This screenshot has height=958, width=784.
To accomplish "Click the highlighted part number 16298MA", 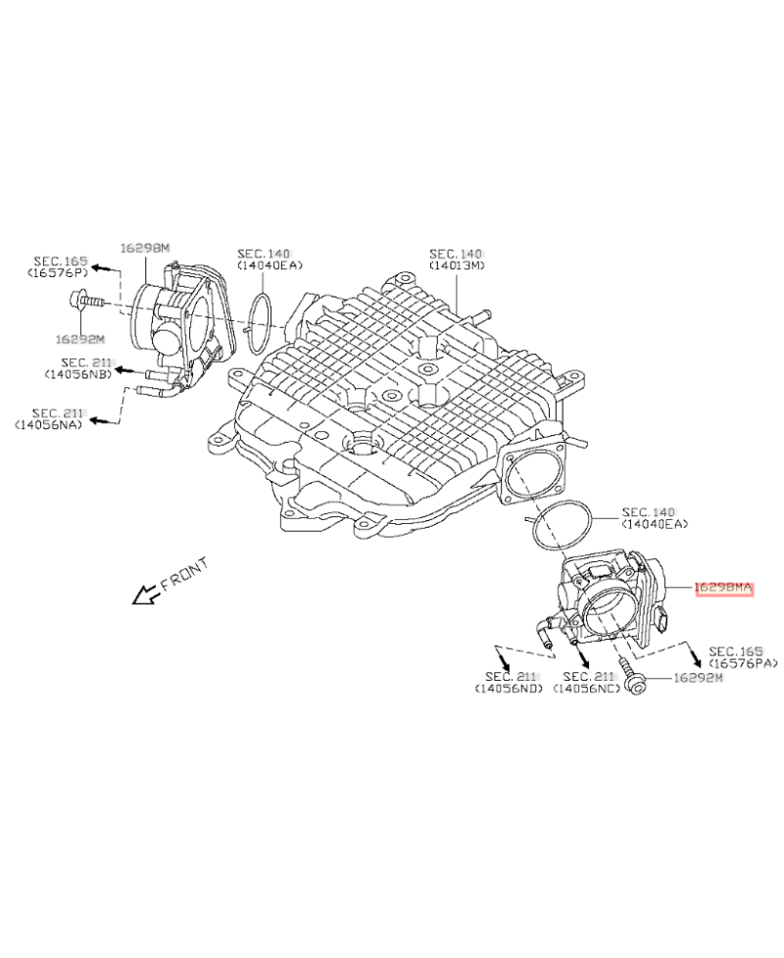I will (722, 588).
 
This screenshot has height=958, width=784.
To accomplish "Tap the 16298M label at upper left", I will (145, 249).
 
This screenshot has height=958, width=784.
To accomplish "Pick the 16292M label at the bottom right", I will (697, 678).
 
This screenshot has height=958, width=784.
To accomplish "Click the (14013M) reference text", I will (457, 265).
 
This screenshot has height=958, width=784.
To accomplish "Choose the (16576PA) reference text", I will (742, 663).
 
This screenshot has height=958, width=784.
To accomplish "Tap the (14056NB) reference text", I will (77, 374).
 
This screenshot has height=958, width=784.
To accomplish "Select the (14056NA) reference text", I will (48, 424).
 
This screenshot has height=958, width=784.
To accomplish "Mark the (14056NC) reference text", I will (586, 689).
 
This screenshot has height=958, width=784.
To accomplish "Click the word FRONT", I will (183, 575).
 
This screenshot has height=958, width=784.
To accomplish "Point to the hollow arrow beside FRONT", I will (146, 593).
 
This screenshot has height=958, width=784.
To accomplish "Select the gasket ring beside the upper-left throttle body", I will (260, 320).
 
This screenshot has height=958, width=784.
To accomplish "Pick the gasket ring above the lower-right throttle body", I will (561, 527).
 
